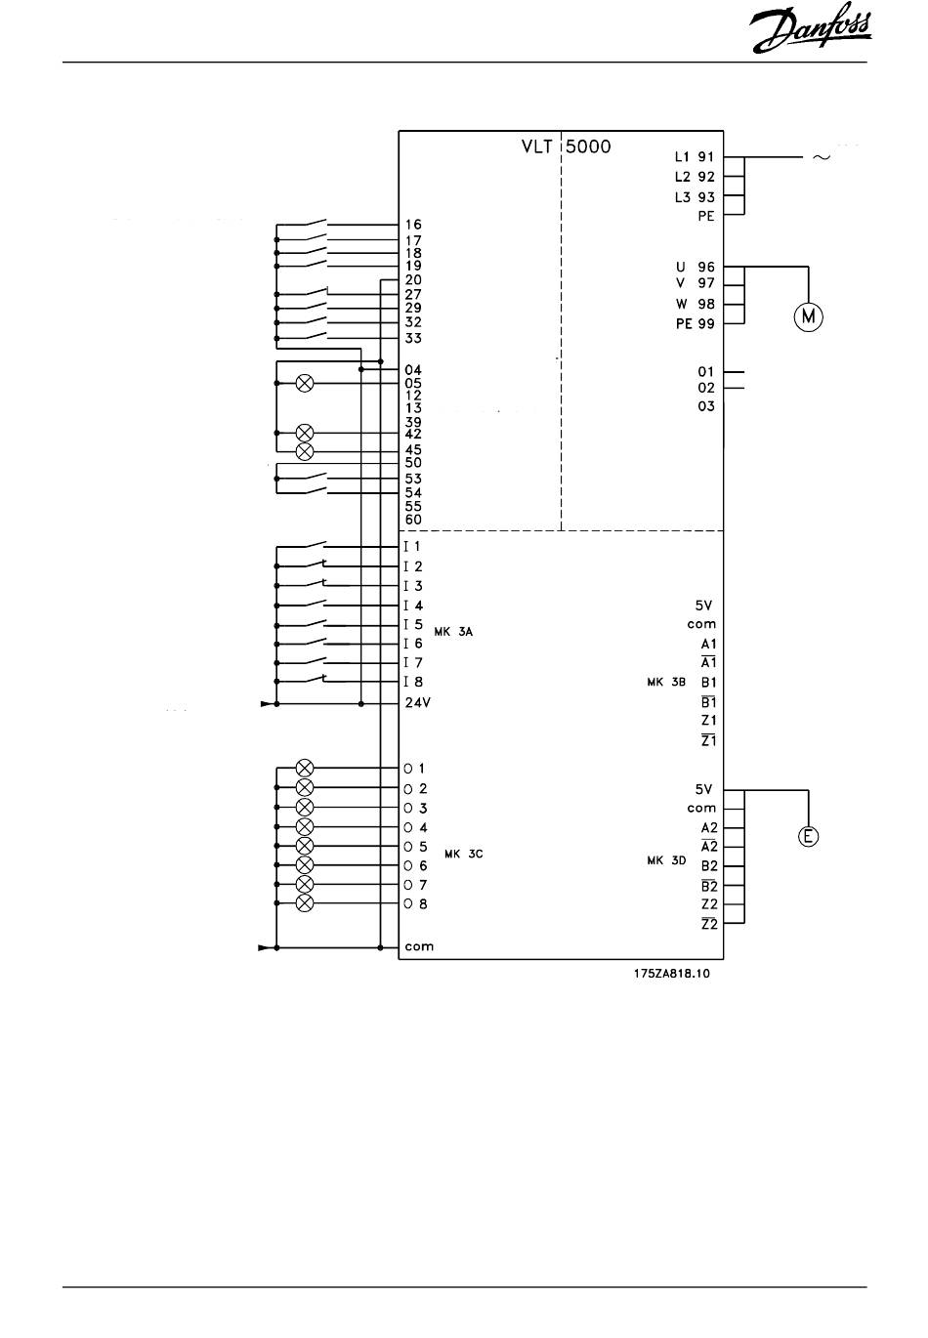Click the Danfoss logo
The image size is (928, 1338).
point(811,33)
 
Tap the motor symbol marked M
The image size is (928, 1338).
point(808,316)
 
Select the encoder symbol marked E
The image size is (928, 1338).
point(808,836)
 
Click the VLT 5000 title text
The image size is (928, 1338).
point(567,147)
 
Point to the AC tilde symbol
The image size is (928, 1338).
point(822,156)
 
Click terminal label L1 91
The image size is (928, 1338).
point(695,156)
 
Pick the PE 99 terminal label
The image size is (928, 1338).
point(695,323)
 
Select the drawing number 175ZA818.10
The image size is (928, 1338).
point(671,973)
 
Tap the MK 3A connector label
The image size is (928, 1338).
point(452,632)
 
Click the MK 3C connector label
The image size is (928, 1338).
point(463,854)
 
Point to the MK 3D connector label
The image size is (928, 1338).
point(667,860)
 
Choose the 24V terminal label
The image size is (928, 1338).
point(419,702)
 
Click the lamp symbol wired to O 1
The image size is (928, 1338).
point(305,769)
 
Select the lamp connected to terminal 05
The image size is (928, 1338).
point(305,383)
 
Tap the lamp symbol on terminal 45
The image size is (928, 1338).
point(305,450)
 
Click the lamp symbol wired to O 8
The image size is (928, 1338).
point(305,903)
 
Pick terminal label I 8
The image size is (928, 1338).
point(412,682)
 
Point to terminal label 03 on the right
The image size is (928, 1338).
point(706,406)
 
